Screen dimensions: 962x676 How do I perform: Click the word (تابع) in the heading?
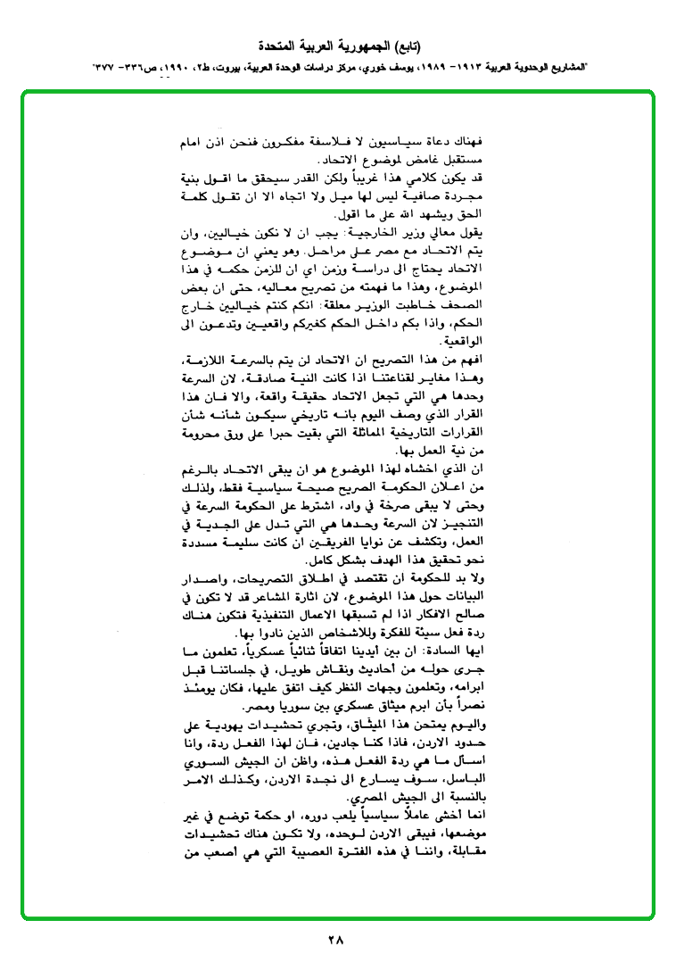point(402,46)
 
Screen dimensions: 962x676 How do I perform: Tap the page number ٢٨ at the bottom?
point(335,939)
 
